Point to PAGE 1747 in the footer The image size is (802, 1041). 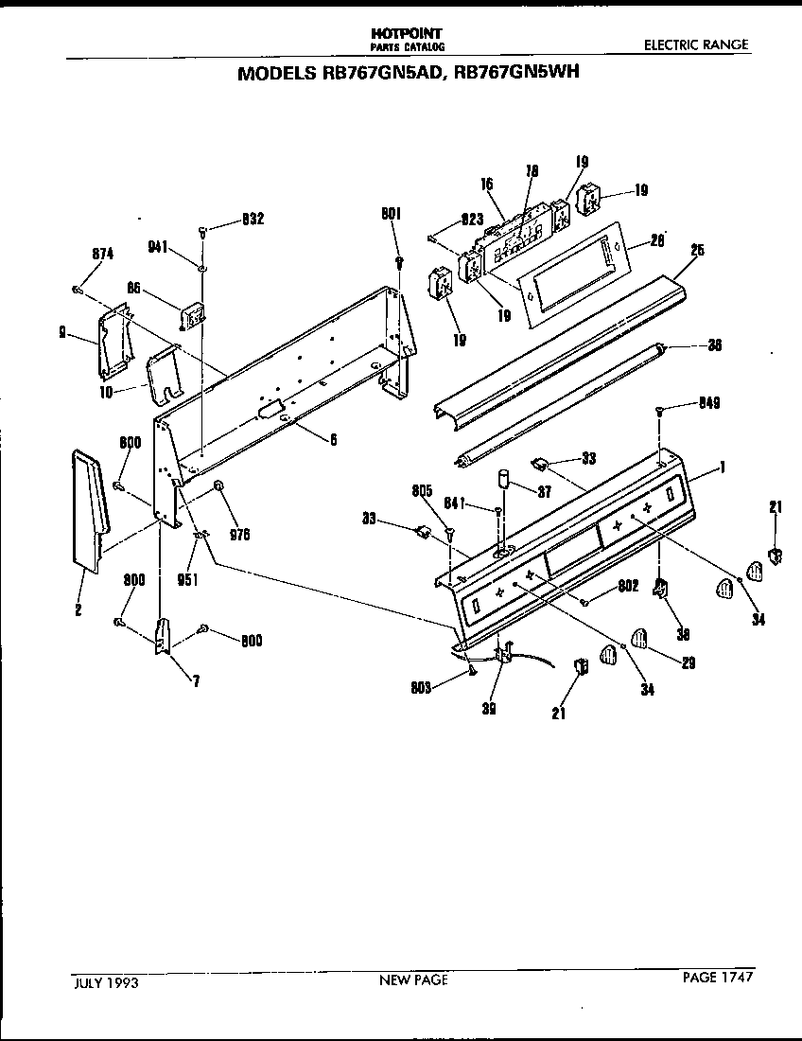tap(718, 978)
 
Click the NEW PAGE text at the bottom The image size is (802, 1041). tap(413, 980)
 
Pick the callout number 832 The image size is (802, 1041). tap(253, 219)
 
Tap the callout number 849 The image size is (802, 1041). tap(710, 403)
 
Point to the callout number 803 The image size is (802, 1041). tap(422, 688)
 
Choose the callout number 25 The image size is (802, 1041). tap(697, 251)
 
